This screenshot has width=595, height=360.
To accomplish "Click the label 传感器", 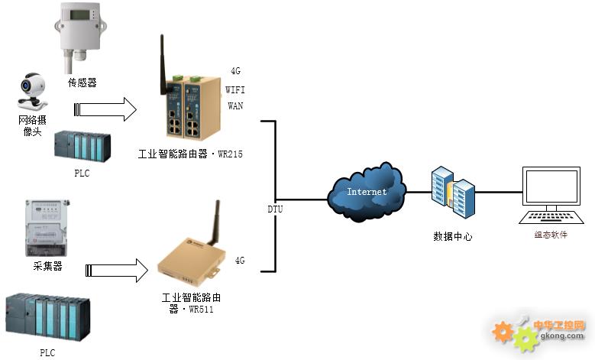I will (x=82, y=82).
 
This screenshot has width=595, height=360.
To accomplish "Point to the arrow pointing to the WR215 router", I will (x=106, y=109).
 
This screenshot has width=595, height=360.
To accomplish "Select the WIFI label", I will (x=235, y=89).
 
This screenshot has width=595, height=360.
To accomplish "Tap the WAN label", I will (x=235, y=106).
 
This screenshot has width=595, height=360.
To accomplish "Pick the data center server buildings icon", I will (x=453, y=191).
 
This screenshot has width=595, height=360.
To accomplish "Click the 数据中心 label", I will (x=453, y=237).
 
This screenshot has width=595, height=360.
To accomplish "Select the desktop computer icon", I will (x=551, y=195).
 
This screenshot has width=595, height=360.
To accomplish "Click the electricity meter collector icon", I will (x=47, y=228).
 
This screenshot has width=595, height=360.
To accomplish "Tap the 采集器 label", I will (x=47, y=266).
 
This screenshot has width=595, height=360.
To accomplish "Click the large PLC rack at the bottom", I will (x=47, y=316).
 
